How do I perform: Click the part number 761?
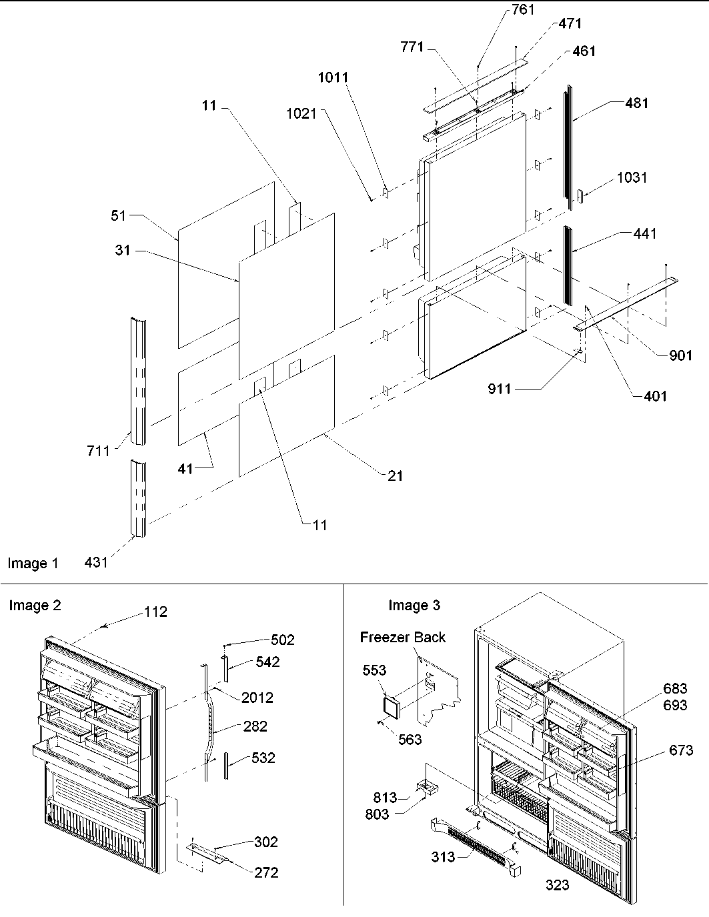tap(523, 10)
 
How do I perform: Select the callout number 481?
tap(636, 103)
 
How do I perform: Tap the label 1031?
tap(632, 177)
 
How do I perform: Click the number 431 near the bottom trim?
tap(96, 562)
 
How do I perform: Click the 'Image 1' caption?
tap(33, 564)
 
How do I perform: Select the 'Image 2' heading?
tap(35, 606)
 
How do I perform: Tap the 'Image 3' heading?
tap(414, 606)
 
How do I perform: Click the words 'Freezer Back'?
tap(403, 637)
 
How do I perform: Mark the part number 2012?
tap(257, 698)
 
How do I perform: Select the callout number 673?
tap(681, 751)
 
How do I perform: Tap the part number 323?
tap(558, 884)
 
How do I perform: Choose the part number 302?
tap(265, 842)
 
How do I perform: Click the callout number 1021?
tap(301, 114)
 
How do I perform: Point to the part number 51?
tap(118, 216)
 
